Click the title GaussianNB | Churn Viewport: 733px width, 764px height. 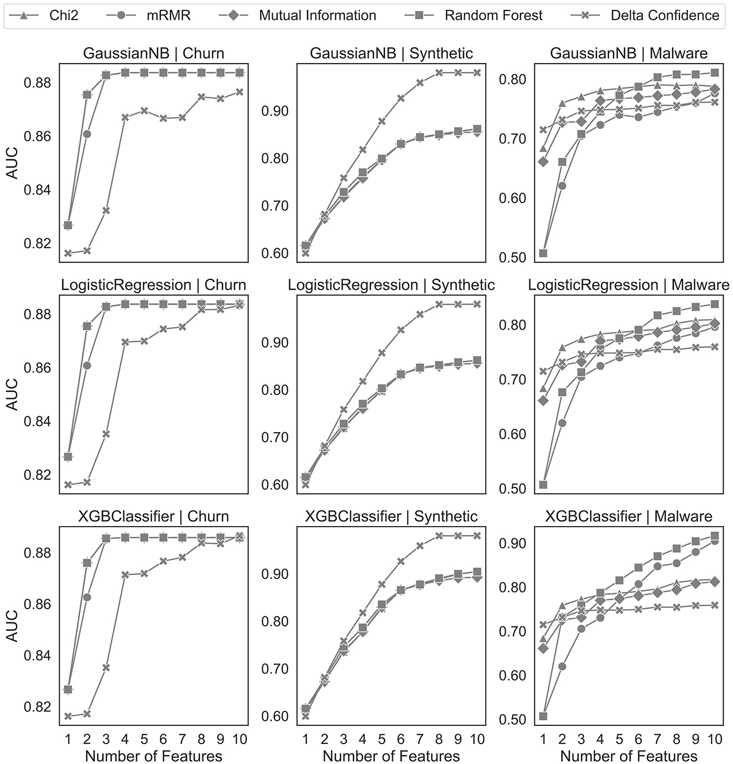coord(153,54)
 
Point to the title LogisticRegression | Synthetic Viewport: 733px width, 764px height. coord(391,285)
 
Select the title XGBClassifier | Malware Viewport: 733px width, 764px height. coord(628,516)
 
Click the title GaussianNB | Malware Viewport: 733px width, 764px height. coord(628,54)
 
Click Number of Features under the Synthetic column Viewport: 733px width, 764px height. coord(391,756)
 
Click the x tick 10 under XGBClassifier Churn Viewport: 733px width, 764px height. coord(240,739)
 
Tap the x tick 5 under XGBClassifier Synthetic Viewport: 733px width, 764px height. coord(382,739)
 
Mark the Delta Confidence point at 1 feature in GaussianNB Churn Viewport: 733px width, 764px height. coord(68,253)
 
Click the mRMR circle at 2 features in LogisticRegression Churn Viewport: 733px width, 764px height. coord(87,365)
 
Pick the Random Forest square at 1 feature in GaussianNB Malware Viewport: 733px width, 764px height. coord(543,253)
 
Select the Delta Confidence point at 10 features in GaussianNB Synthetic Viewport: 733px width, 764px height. coord(477,72)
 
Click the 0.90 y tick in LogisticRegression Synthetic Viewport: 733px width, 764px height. coord(275,343)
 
